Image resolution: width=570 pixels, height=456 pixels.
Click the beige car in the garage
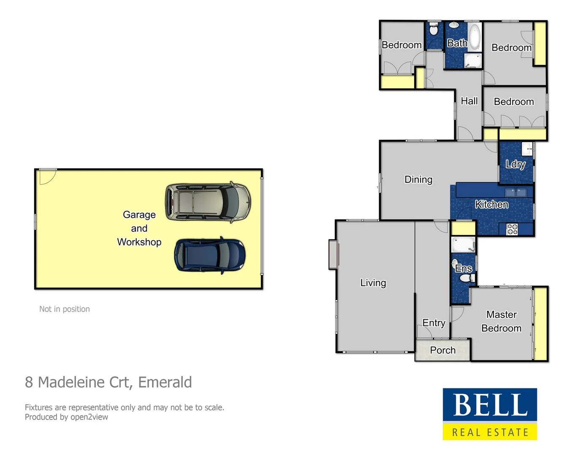point(208,202)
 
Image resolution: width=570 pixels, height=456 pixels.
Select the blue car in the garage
point(209,255)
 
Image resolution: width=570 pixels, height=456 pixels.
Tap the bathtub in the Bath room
point(475,37)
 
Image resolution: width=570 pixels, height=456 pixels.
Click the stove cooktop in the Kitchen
point(512,229)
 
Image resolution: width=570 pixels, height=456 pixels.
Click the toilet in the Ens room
point(466,278)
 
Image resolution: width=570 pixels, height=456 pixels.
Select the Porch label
point(442,350)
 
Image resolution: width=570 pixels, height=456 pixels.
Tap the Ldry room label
point(516,164)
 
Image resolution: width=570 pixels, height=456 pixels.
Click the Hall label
point(469,101)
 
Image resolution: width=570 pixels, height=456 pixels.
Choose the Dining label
point(418,179)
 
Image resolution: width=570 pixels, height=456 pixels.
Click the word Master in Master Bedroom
point(501,315)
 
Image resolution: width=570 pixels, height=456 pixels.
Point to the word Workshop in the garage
point(139,242)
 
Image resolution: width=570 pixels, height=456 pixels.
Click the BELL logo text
point(490,405)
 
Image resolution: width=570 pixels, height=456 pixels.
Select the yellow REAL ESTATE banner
point(490,432)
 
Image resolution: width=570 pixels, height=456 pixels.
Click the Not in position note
point(65,309)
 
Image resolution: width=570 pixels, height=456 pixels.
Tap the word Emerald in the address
point(165,382)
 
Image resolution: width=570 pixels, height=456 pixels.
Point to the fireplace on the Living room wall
point(333,254)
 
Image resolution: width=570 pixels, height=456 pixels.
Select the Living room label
point(373,282)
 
